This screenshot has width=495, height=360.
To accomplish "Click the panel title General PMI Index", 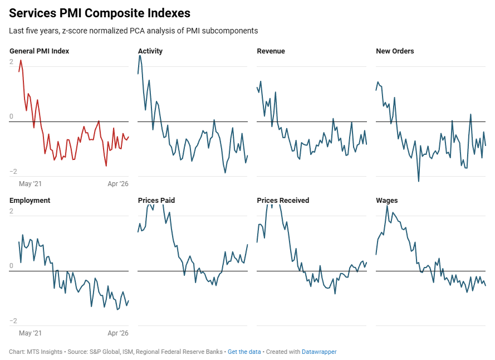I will pyautogui.click(x=39, y=51).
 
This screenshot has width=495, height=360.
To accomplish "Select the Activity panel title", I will pyautogui.click(x=150, y=51).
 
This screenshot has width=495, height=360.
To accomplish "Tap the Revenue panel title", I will pyautogui.click(x=271, y=51).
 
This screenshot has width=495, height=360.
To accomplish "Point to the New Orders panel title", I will pyautogui.click(x=395, y=51).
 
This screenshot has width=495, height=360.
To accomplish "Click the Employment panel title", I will pyautogui.click(x=30, y=201).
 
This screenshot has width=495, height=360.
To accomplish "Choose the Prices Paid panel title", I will pyautogui.click(x=156, y=201).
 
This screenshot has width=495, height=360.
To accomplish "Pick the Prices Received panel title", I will pyautogui.click(x=283, y=201).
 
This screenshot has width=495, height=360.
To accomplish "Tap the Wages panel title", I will pyautogui.click(x=387, y=201).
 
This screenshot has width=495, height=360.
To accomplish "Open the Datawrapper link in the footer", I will pyautogui.click(x=319, y=352).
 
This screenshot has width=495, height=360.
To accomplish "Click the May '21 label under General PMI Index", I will pyautogui.click(x=31, y=184).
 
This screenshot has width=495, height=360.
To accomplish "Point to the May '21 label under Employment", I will pyautogui.click(x=31, y=333).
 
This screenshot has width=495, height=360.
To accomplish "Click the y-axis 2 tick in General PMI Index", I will pyautogui.click(x=12, y=62).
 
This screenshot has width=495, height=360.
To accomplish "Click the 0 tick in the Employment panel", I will pyautogui.click(x=12, y=266).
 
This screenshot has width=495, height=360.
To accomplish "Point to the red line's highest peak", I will pyautogui.click(x=21, y=60).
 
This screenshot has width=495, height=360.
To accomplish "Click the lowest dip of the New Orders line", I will pyautogui.click(x=418, y=181).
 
